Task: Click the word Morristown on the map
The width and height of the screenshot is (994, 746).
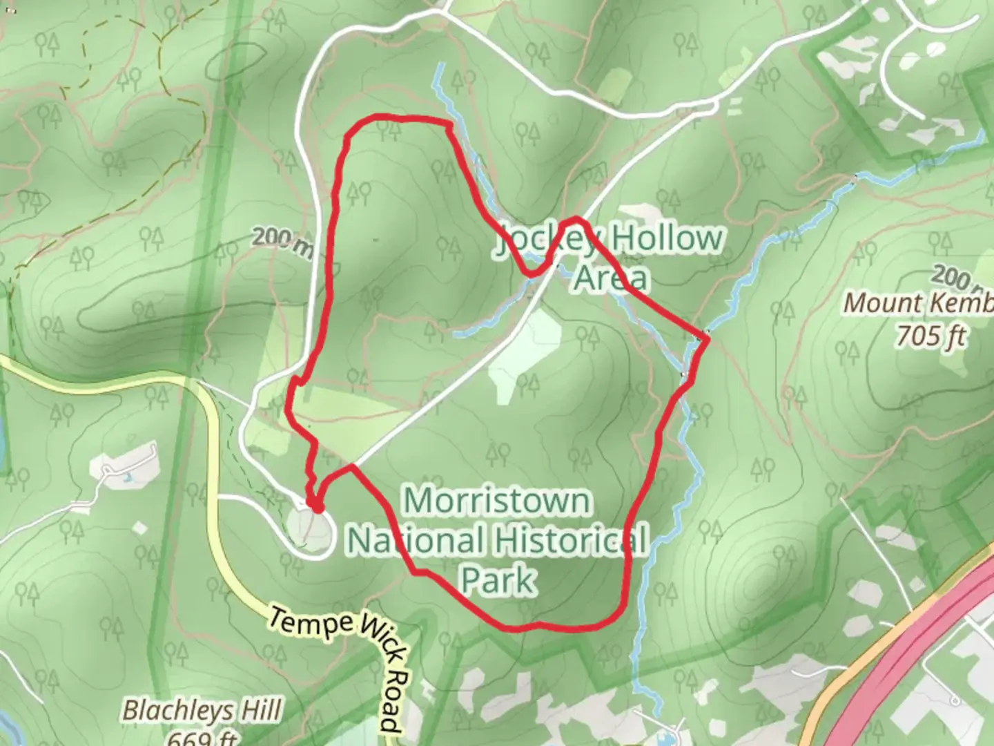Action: (x=497, y=501)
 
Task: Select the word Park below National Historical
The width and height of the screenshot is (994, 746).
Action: (x=498, y=580)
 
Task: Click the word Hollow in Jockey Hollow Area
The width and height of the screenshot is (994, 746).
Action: (x=665, y=238)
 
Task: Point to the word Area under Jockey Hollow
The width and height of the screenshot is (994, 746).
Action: (x=612, y=278)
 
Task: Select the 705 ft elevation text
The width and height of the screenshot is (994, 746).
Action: (x=930, y=336)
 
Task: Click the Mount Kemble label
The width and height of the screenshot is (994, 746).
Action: (x=918, y=303)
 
